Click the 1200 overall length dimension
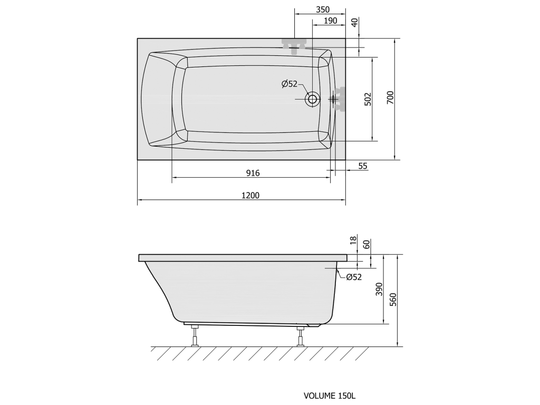coord(250,196)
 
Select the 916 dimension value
coord(253,173)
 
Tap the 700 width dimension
coord(390,98)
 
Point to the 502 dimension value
coord(368,99)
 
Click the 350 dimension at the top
coord(323,9)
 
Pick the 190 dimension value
coord(330,21)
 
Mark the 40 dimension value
coord(355,23)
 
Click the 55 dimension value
coord(363,166)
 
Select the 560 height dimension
coord(393,300)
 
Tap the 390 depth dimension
coord(379,290)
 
